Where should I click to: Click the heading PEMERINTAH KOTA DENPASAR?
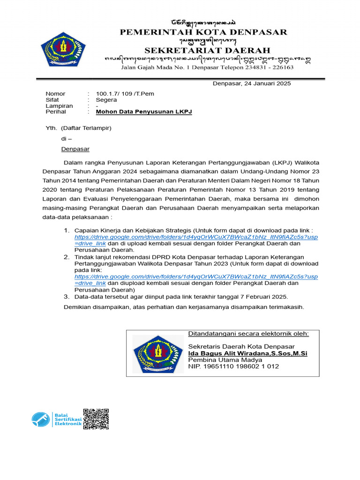203,32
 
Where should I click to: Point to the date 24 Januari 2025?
265,84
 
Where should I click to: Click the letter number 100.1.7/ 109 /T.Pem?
125,94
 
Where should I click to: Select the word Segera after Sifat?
106,100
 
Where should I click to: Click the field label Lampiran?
59,106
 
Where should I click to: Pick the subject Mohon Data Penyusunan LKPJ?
144,112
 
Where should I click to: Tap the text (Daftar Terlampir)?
86,127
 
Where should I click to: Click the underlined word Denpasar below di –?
75,149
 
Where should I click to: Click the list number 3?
66,297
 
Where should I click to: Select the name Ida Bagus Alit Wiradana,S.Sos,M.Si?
247,353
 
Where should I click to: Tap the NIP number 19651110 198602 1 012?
233,366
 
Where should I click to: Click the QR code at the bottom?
96,419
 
